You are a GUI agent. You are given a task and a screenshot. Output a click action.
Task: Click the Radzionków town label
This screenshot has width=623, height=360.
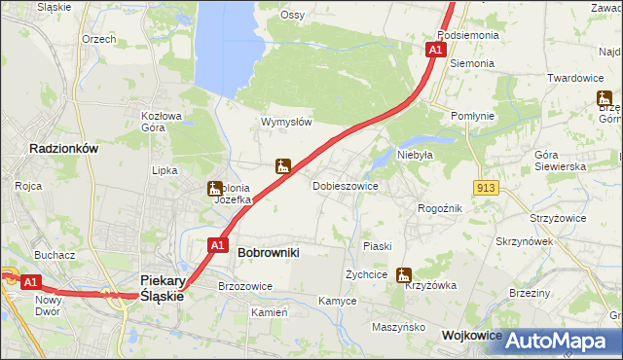[64, 149]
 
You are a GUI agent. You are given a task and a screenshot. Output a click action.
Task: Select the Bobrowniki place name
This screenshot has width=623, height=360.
[268, 252]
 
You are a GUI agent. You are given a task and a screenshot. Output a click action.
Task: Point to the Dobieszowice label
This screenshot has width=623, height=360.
[345, 185]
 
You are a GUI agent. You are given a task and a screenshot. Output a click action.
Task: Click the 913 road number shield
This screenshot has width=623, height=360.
[489, 187]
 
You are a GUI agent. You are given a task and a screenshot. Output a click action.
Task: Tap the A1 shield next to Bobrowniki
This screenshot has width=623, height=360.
[219, 245]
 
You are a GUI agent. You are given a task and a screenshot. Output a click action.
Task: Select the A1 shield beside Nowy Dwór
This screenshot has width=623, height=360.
[31, 282]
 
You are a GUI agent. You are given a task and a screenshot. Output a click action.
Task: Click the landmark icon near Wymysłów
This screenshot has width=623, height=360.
[283, 166]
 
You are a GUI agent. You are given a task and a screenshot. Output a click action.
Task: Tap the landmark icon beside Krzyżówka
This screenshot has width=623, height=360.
[403, 275]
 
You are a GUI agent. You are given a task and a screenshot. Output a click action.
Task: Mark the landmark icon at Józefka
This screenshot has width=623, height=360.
[213, 190]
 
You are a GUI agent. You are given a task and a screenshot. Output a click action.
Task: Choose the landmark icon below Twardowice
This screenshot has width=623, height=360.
[604, 98]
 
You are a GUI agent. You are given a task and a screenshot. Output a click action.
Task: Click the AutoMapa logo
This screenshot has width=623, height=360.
[559, 341]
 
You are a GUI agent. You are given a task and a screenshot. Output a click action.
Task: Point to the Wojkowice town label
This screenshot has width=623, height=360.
[471, 334]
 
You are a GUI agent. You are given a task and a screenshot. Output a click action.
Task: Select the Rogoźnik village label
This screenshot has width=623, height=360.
[439, 208]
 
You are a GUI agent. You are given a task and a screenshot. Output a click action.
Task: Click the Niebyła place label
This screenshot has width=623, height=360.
[415, 154]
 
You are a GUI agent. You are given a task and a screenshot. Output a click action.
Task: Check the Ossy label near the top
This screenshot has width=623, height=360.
[292, 15]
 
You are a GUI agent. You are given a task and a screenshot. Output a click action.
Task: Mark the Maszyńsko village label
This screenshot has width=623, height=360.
[399, 327]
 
